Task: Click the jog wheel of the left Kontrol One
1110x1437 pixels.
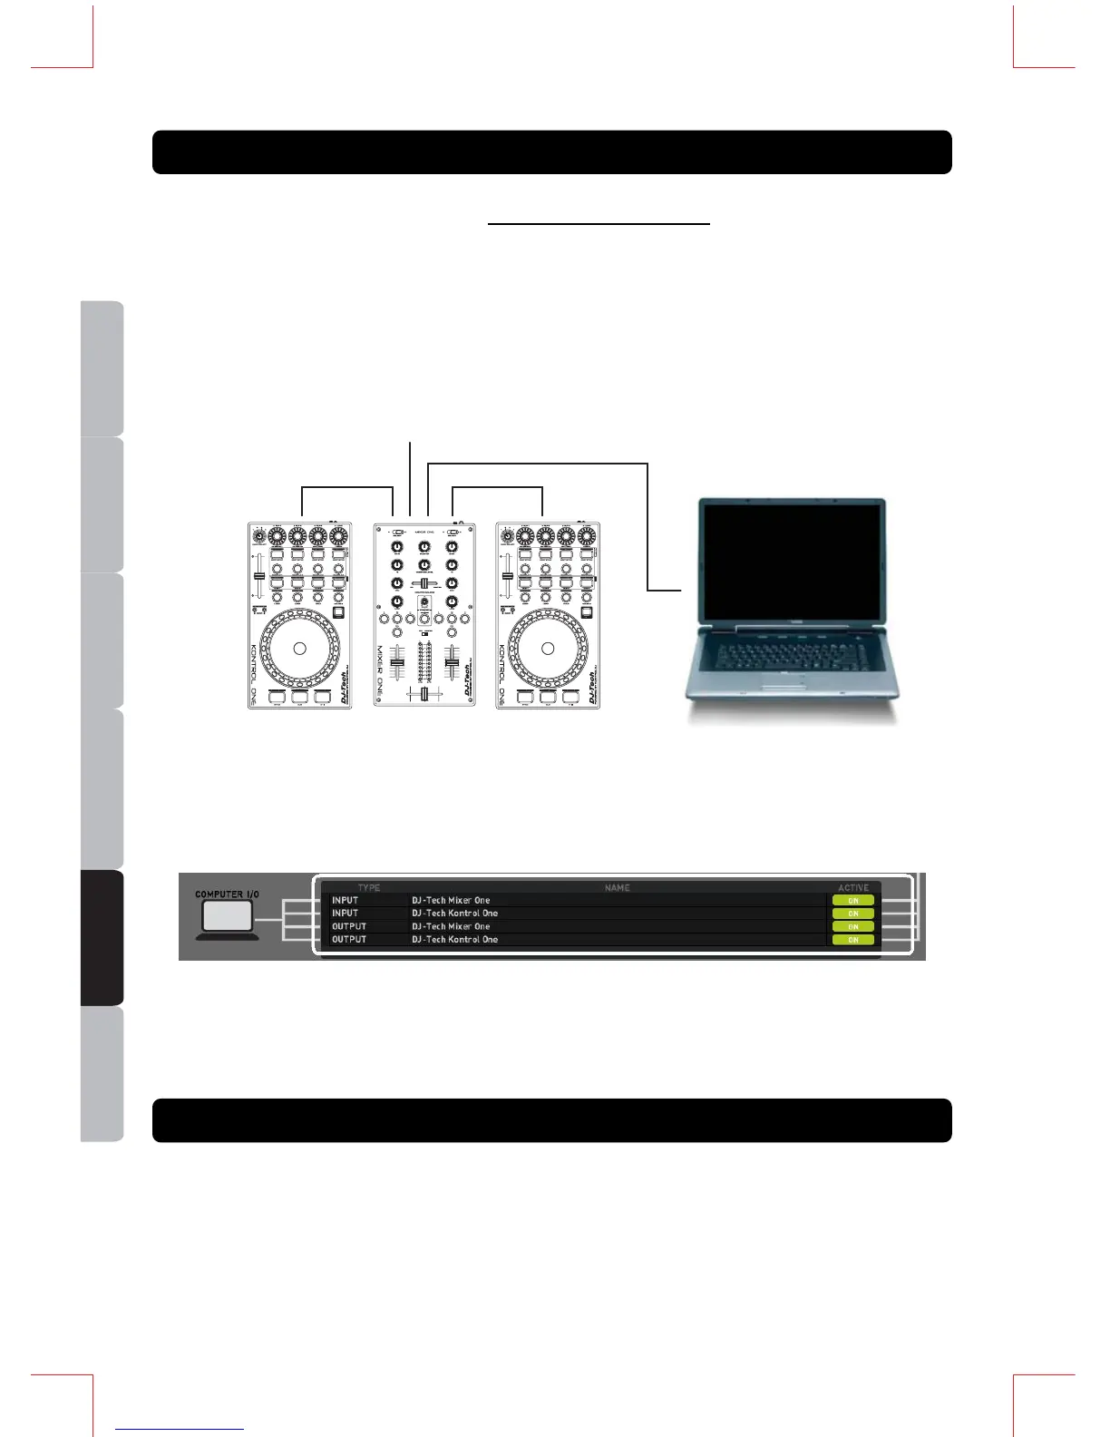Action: pyautogui.click(x=300, y=648)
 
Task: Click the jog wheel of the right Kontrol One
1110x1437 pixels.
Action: pyautogui.click(x=548, y=648)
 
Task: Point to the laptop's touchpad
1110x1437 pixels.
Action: pyautogui.click(x=788, y=681)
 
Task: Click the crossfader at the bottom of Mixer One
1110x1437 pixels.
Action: pyautogui.click(x=424, y=694)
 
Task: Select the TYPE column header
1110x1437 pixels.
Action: pyautogui.click(x=369, y=887)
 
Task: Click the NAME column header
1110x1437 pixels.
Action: pyautogui.click(x=617, y=887)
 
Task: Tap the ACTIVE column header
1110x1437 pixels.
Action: pyautogui.click(x=853, y=887)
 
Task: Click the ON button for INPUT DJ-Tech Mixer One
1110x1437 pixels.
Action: pyautogui.click(x=853, y=901)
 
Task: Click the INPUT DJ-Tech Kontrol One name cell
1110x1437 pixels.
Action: pyautogui.click(x=454, y=914)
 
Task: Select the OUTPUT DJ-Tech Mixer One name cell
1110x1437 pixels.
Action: pyautogui.click(x=451, y=926)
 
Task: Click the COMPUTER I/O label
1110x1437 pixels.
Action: pyautogui.click(x=227, y=894)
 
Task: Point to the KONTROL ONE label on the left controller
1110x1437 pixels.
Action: pyautogui.click(x=254, y=675)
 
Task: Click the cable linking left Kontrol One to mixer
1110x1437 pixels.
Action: pyautogui.click(x=346, y=488)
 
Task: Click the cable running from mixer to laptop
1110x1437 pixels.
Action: pyautogui.click(x=647, y=526)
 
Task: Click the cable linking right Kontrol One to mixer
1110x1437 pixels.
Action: pyautogui.click(x=497, y=488)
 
